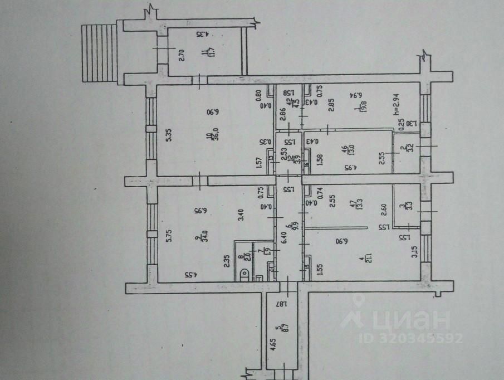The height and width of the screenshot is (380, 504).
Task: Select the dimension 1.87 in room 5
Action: point(283,304)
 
